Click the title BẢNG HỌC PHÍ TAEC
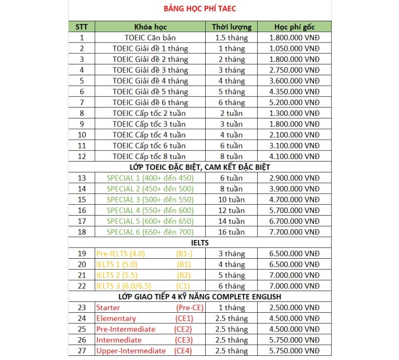coord(200,8)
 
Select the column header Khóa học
coord(150,26)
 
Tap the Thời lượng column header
coord(231,26)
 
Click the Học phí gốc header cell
coord(295,26)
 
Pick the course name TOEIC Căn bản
coord(150,37)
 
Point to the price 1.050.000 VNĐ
coord(295,48)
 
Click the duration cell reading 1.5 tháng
coord(231,37)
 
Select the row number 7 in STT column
coord(82,102)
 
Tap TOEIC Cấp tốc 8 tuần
coord(149,156)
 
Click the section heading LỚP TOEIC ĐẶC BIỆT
coord(199,167)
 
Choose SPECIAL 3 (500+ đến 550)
coord(150,199)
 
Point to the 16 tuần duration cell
coord(231,232)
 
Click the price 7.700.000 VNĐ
coord(295,232)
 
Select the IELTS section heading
coord(199,243)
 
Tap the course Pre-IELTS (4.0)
coord(121,254)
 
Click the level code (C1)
coord(184,286)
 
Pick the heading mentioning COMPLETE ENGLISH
coord(199,297)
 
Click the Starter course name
coord(108,308)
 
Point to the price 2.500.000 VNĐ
coord(295,308)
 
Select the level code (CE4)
coord(184,351)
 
